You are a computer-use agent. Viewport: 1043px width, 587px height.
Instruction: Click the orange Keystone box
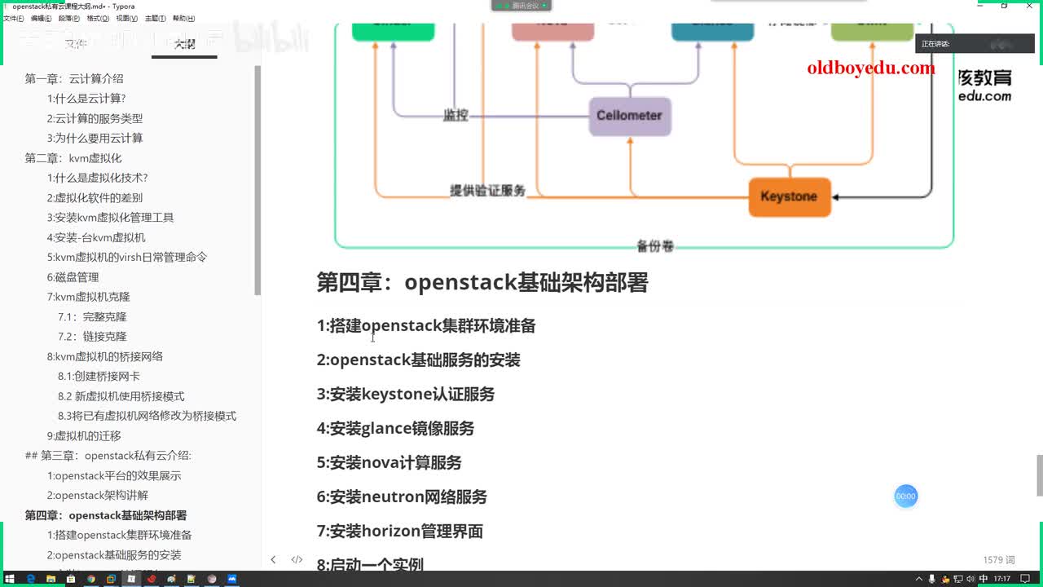(x=789, y=196)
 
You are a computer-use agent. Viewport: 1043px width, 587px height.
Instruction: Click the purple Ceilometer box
(x=629, y=115)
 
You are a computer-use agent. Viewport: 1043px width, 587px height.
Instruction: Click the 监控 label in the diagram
(x=455, y=115)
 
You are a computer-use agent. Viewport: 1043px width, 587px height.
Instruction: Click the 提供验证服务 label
(x=487, y=191)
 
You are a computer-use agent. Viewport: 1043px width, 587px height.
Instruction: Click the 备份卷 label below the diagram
(x=654, y=245)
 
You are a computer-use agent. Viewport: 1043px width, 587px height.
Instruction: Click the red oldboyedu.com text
(x=871, y=68)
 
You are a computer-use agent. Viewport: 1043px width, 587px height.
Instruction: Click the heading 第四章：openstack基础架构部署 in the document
(x=482, y=282)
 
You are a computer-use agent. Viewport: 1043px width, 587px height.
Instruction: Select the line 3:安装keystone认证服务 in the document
(x=405, y=394)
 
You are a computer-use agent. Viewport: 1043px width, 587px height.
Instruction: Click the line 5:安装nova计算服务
(x=389, y=462)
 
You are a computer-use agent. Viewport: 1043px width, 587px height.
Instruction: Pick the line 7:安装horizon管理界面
(x=399, y=531)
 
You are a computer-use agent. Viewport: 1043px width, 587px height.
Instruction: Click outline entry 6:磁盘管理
(x=73, y=277)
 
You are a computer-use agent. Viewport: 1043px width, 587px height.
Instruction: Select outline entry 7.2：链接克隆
(x=92, y=337)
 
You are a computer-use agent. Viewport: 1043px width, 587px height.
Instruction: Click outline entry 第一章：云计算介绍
(x=74, y=79)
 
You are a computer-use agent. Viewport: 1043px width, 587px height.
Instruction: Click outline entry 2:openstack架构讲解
(x=97, y=496)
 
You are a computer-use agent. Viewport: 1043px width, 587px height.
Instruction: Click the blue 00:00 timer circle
(x=906, y=496)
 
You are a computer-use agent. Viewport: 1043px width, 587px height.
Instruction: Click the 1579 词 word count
(x=999, y=560)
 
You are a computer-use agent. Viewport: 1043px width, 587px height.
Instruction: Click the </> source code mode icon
(x=297, y=560)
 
